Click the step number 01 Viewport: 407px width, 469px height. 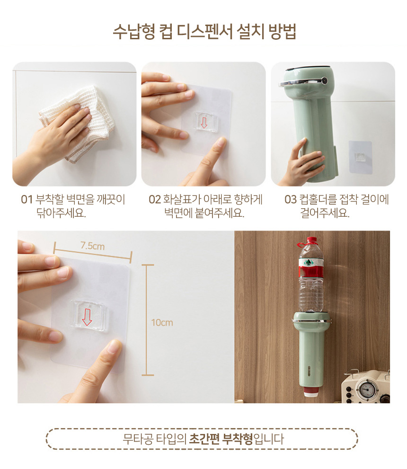pos(27,200)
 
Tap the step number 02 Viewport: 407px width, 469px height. pos(155,200)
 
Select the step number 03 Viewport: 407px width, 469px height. pos(291,200)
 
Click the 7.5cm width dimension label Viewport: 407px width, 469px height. pos(92,246)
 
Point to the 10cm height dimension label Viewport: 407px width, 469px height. pos(162,322)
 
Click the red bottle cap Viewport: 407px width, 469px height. pos(311,241)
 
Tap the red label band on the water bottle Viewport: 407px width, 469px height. pos(311,271)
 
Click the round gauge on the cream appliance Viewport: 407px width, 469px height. pos(367,389)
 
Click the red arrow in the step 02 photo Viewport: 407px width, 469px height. pos(204,123)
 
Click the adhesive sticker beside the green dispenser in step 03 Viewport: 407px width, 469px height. pos(360,157)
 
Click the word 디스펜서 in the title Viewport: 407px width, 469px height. pos(204,31)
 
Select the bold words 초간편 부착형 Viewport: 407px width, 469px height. pos(221,439)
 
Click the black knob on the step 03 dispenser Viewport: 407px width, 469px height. pos(324,80)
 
